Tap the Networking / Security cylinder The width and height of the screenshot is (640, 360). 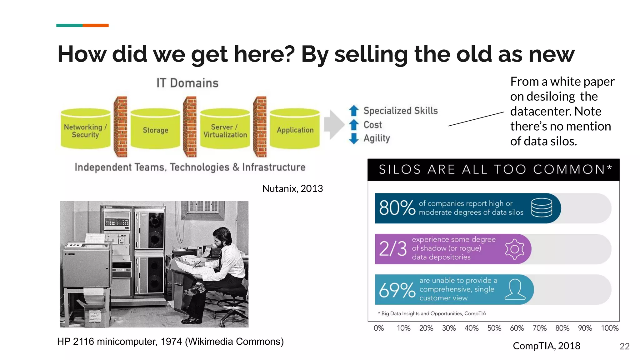pos(85,130)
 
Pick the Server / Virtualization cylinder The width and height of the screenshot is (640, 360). pos(225,130)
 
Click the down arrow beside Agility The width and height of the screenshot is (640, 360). pos(354,138)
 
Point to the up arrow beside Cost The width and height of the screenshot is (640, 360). pos(354,125)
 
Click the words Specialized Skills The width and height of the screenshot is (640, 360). pos(400,111)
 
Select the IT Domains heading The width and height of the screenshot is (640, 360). pos(187,83)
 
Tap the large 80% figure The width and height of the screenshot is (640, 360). pos(397,208)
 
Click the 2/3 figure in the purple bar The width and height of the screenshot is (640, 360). pos(393,249)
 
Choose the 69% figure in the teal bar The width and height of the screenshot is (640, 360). pos(397,290)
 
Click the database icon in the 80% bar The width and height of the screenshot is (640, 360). pos(542,208)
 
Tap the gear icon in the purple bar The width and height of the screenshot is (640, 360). pos(514,249)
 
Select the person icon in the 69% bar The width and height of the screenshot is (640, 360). pos(515,289)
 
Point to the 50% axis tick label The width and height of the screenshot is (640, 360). pos(494,328)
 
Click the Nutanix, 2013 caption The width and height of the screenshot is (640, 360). pos(292,188)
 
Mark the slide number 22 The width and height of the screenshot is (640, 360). pos(624,346)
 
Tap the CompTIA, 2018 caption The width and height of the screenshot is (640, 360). pos(546,346)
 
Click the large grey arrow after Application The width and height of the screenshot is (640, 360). pos(334,125)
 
